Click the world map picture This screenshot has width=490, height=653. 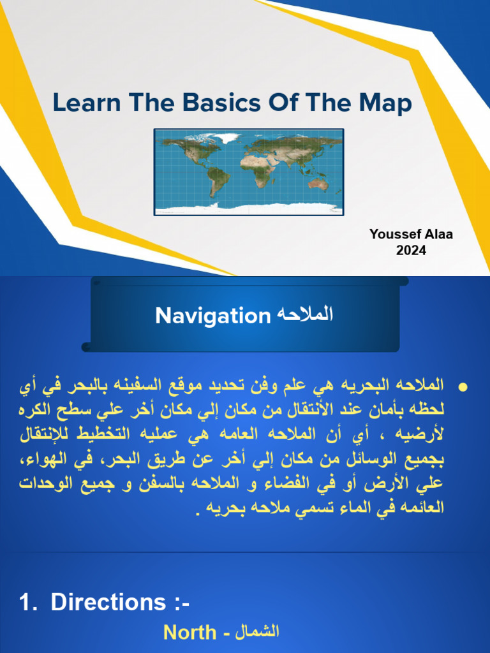[249, 172]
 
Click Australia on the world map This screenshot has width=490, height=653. [317, 184]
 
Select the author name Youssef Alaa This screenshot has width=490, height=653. [411, 234]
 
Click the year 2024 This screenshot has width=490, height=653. [411, 250]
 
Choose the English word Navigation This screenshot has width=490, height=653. [213, 316]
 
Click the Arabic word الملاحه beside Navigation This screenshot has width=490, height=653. [305, 314]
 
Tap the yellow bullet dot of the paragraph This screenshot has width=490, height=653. [464, 388]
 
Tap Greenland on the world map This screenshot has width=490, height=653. [227, 138]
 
